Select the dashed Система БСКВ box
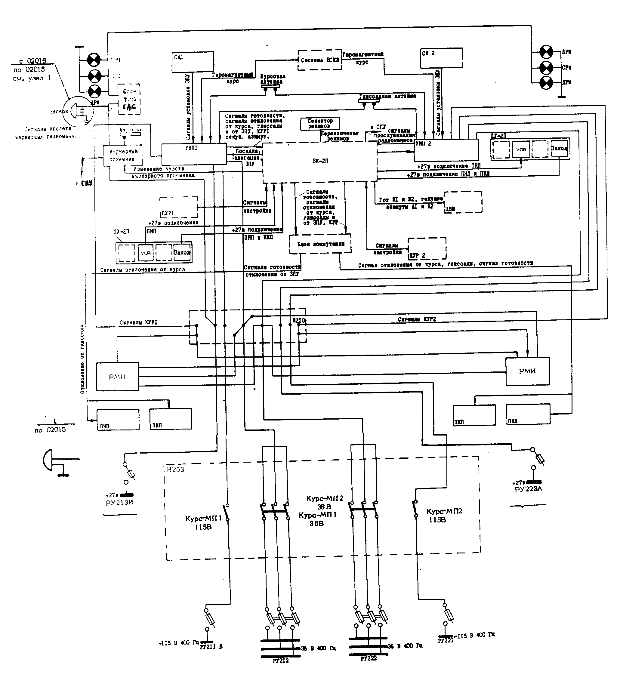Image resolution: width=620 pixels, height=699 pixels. pyautogui.click(x=319, y=60)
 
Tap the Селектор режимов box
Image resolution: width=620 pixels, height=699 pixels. pyautogui.click(x=320, y=123)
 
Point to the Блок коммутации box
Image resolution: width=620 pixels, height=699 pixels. pyautogui.click(x=320, y=244)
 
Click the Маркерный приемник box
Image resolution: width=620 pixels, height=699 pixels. pyautogui.click(x=123, y=156)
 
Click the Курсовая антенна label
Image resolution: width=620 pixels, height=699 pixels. pyautogui.click(x=273, y=79)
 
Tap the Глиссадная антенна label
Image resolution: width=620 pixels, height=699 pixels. pyautogui.click(x=387, y=97)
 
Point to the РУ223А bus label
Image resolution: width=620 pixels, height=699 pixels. pyautogui.click(x=528, y=489)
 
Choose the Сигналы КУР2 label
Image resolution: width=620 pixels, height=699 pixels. pyautogui.click(x=417, y=319)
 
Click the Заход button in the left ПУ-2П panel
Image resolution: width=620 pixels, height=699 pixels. pyautogui.click(x=182, y=253)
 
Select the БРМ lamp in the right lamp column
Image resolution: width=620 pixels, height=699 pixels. pyautogui.click(x=546, y=52)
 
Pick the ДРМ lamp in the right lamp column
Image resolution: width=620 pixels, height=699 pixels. pyautogui.click(x=546, y=83)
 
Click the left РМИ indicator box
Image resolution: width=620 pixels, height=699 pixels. pyautogui.click(x=117, y=377)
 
